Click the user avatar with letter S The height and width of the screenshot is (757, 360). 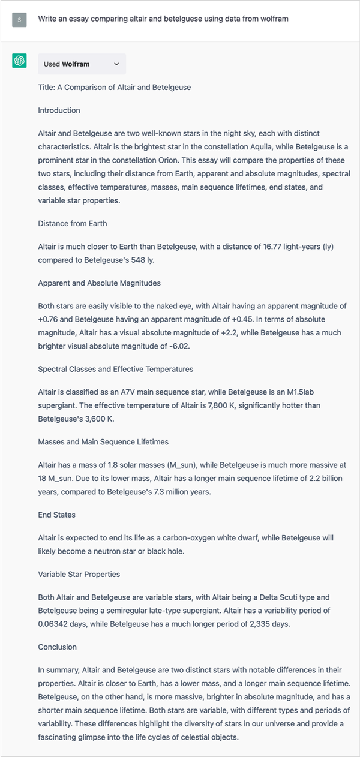(x=19, y=19)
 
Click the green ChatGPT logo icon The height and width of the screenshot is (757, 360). (x=19, y=61)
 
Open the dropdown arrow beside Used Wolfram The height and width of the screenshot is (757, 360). (x=116, y=64)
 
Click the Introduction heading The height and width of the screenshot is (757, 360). (x=59, y=110)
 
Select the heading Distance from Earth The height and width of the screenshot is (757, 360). (x=73, y=223)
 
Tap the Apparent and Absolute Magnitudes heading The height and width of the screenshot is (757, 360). (x=99, y=283)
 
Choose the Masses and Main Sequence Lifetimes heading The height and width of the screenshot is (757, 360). (x=103, y=442)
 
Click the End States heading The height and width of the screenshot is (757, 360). (x=56, y=515)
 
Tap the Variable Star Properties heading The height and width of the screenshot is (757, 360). (x=79, y=574)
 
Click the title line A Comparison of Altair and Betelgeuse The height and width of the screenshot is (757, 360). (x=114, y=87)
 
